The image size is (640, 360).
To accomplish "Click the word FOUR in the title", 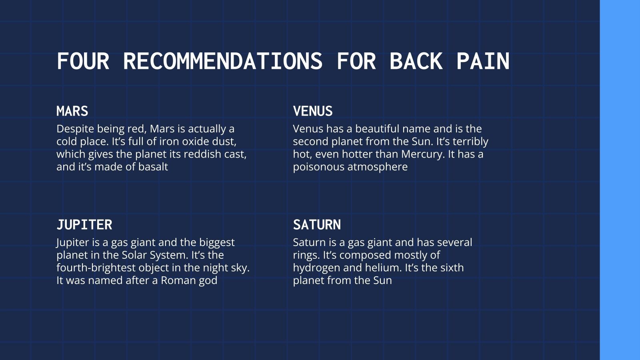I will point(83,62).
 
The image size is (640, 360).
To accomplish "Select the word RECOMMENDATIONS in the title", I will point(222,62).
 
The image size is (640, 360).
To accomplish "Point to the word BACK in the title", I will point(416,62).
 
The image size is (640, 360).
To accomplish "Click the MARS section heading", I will point(72,111).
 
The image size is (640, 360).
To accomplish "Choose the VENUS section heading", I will point(313,111).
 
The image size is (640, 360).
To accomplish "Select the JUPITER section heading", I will point(84,225).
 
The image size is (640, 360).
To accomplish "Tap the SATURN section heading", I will point(317,225).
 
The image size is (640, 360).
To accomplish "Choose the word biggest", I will point(217,243).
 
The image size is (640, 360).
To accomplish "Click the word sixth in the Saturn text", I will point(452,268).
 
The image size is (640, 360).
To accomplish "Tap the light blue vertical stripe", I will point(620,180).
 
